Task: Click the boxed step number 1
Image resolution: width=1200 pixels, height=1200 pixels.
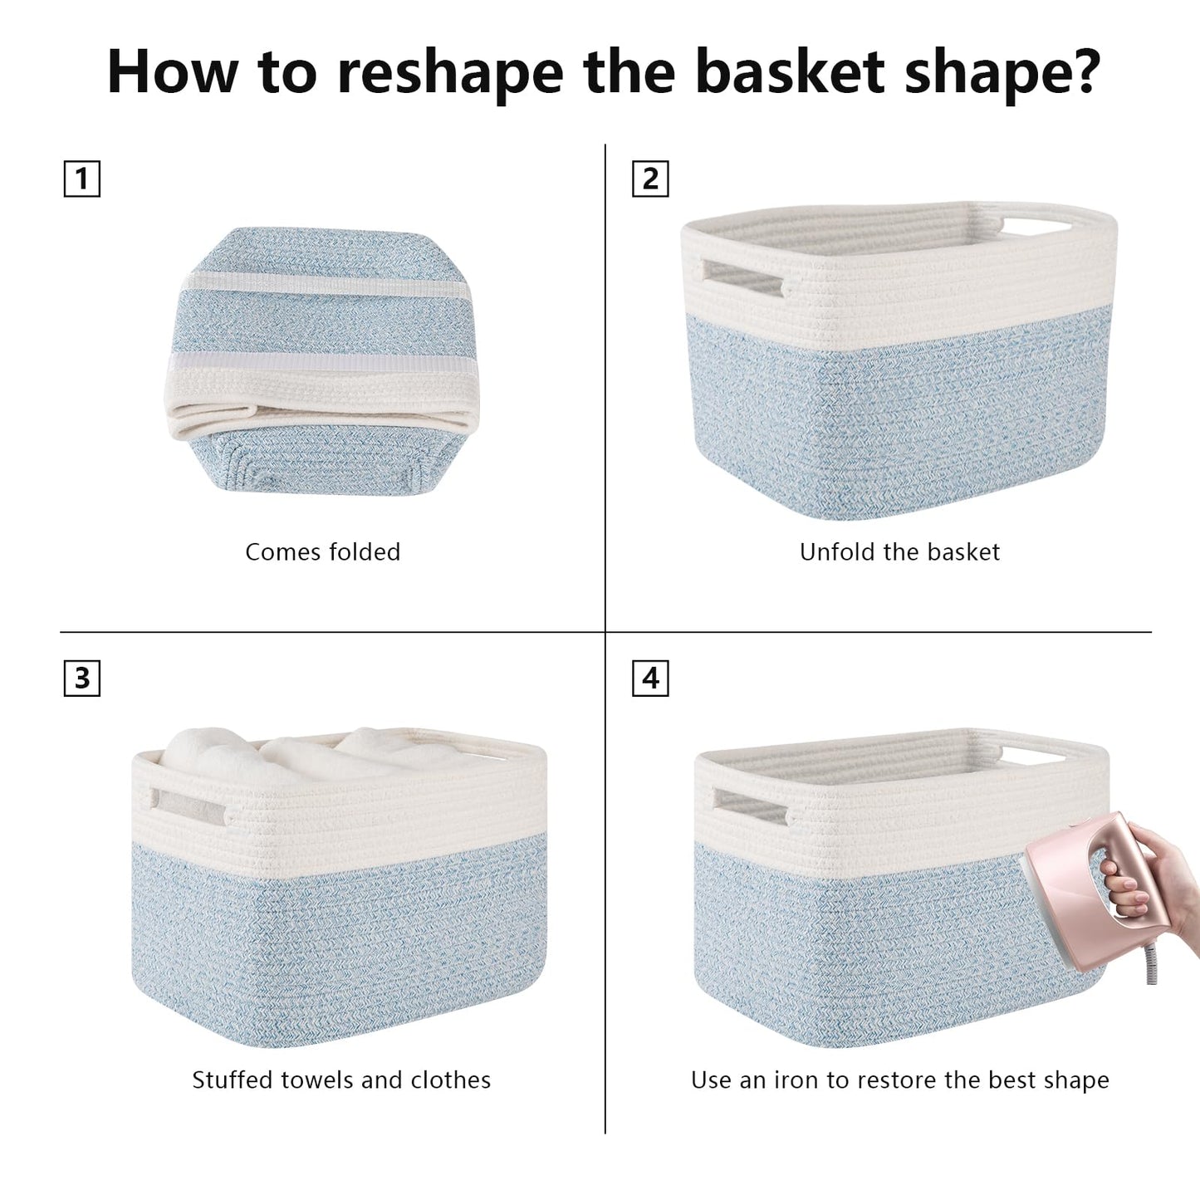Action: point(81,179)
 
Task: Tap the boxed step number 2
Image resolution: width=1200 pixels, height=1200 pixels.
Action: point(650,179)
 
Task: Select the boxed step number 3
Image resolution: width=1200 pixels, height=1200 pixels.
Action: point(81,678)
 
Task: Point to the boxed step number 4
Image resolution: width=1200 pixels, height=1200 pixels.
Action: point(650,678)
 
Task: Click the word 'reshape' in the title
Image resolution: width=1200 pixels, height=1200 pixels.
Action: point(450,73)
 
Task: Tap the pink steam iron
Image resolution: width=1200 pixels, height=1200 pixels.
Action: point(1093,894)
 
